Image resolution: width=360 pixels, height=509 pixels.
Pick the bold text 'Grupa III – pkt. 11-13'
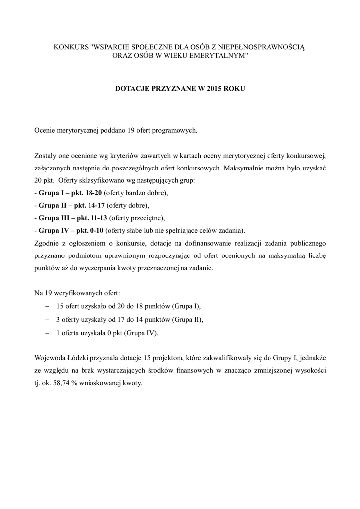tap(73, 217)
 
